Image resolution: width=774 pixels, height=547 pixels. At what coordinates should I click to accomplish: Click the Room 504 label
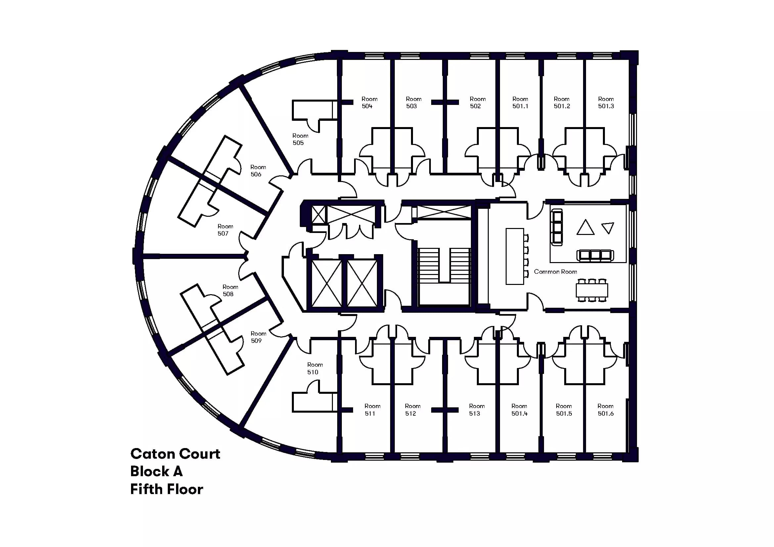tap(369, 103)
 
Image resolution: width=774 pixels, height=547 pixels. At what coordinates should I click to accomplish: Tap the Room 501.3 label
tap(606, 103)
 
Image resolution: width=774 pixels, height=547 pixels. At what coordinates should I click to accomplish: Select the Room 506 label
tap(258, 170)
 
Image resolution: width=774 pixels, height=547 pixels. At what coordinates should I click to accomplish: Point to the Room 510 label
tap(314, 368)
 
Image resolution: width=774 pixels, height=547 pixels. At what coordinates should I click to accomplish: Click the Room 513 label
tap(476, 409)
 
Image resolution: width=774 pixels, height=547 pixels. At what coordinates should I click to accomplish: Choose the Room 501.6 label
tap(605, 409)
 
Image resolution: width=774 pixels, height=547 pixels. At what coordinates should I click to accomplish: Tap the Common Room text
tap(555, 272)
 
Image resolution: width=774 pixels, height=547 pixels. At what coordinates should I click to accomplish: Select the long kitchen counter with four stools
tap(515, 256)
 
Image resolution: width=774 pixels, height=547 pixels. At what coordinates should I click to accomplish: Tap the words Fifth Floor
tap(166, 489)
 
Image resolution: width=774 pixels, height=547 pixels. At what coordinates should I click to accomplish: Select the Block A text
tap(156, 472)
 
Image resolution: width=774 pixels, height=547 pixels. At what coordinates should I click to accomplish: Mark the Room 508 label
tap(230, 291)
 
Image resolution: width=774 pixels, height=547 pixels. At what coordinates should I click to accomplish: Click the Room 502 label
tap(478, 103)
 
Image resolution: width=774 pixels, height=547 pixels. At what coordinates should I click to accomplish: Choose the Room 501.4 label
tap(519, 409)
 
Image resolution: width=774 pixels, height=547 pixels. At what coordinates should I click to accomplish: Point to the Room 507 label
tap(225, 230)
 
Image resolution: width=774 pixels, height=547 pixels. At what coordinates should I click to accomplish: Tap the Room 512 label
tap(412, 409)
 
